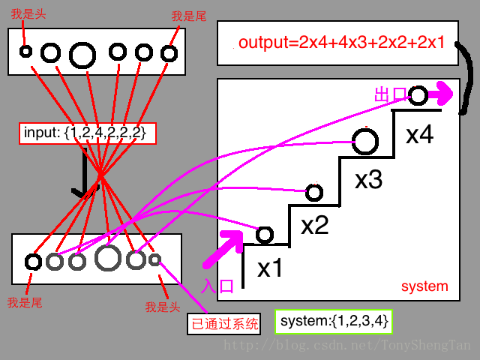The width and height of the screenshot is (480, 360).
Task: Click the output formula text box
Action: click(x=342, y=43)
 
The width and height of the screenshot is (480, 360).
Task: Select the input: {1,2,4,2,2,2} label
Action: click(x=88, y=133)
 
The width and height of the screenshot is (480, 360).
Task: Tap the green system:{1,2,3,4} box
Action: click(x=334, y=321)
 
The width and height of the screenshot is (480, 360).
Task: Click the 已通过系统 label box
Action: click(x=223, y=324)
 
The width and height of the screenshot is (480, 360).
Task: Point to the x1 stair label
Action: click(x=270, y=268)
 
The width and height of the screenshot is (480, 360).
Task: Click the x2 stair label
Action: click(x=314, y=225)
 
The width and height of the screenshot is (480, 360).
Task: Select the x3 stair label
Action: click(x=368, y=180)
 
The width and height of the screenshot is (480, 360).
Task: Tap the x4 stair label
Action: click(x=419, y=135)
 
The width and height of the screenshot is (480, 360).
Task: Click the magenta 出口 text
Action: click(x=390, y=95)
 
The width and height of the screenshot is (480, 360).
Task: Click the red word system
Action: click(x=424, y=286)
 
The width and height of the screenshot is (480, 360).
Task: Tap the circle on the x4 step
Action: click(x=418, y=96)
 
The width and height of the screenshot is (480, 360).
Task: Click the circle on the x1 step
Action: click(x=264, y=235)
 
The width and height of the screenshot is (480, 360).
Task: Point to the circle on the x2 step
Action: click(x=314, y=193)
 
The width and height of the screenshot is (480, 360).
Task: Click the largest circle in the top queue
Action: click(x=82, y=54)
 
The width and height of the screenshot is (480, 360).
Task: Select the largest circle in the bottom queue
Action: click(x=108, y=257)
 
